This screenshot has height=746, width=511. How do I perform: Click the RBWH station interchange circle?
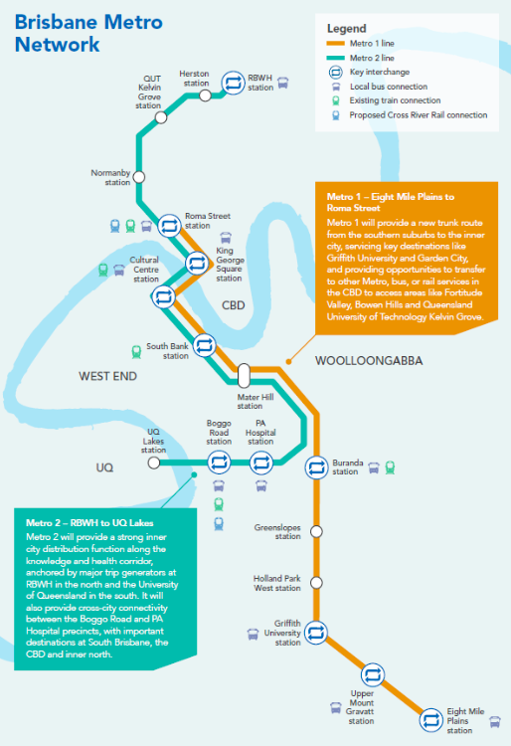[233, 83]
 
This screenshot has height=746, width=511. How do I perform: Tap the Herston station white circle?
[205, 95]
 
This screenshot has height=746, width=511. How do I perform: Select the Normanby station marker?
[139, 177]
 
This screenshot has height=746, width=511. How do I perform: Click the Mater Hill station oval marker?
[244, 375]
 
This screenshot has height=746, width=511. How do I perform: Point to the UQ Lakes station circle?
[153, 463]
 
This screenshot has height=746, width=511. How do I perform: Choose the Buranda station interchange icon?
[316, 467]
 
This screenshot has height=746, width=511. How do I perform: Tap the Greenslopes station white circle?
[316, 531]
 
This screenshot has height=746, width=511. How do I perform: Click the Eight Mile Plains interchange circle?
[430, 720]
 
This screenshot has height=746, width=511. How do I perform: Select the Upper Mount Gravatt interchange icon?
[372, 674]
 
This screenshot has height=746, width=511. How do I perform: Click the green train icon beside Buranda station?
[390, 467]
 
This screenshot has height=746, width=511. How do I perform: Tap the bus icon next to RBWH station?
[282, 83]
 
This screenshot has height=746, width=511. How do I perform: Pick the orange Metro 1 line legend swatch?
[335, 44]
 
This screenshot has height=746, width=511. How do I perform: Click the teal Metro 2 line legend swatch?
[335, 58]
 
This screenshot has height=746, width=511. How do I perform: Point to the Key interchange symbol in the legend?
[336, 73]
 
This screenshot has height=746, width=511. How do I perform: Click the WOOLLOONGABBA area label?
[369, 361]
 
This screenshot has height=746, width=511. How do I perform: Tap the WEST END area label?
[108, 376]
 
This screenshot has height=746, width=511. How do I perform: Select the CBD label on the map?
[234, 305]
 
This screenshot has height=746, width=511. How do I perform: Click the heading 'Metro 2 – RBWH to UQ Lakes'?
[89, 523]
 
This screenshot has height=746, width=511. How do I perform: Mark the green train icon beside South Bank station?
[136, 352]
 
